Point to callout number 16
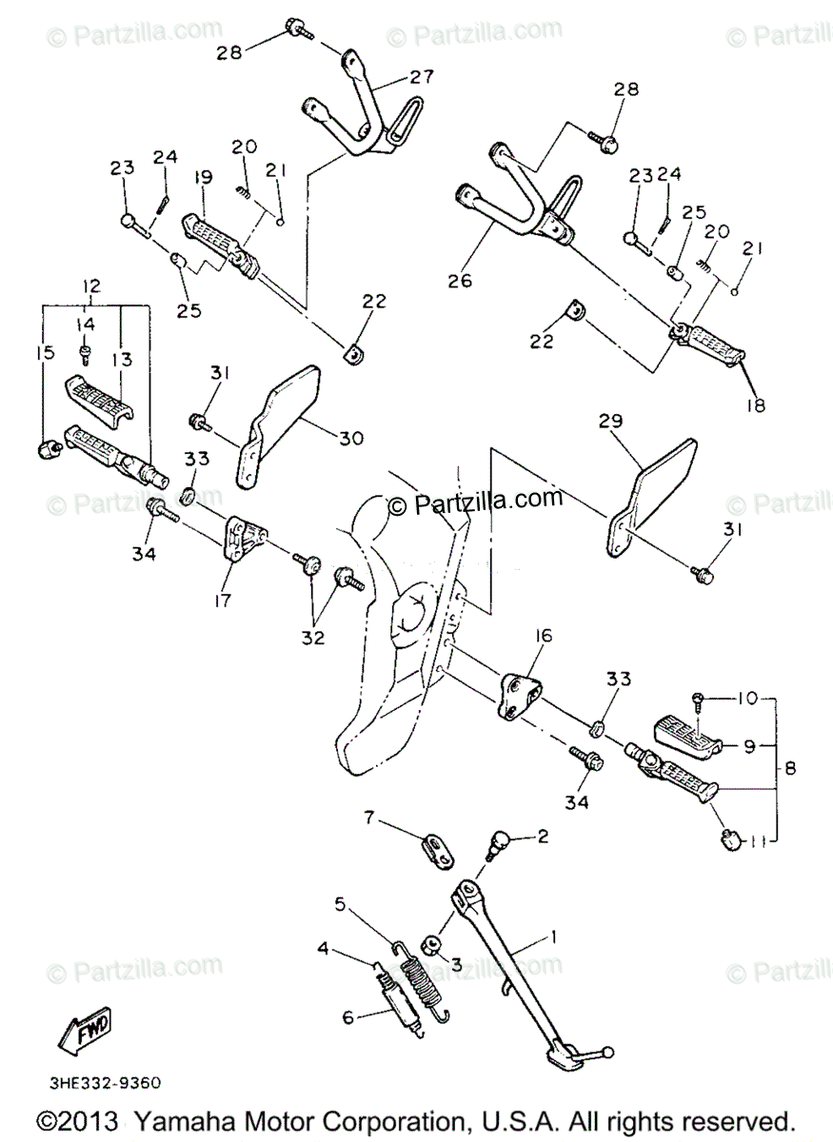[543, 636]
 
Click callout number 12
[90, 285]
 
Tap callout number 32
[313, 638]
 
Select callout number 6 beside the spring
[348, 1016]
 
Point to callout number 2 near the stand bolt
[543, 837]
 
